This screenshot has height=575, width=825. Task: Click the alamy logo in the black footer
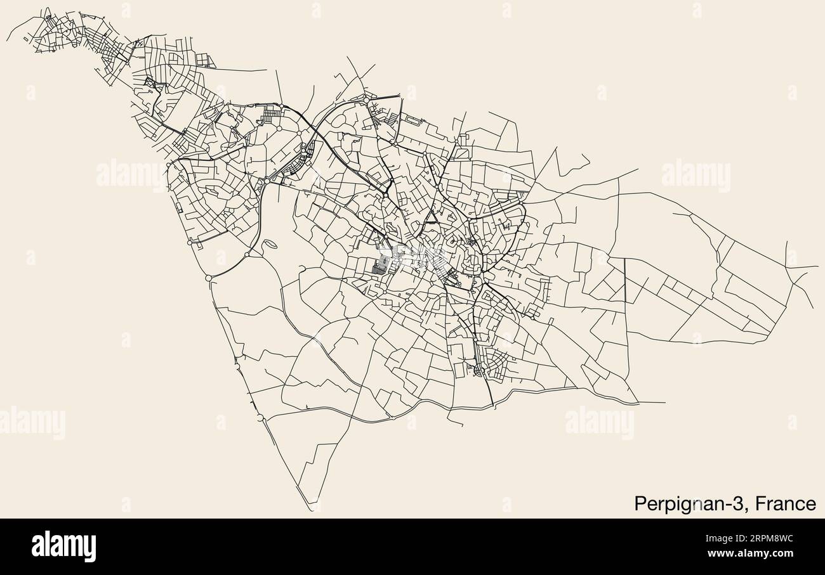63,546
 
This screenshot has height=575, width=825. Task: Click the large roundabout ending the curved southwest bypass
209,278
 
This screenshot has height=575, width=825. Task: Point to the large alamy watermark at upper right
696,176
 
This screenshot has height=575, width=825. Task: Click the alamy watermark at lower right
599,423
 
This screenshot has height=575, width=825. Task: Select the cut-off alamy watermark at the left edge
32,423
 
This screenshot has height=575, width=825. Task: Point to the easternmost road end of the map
817,268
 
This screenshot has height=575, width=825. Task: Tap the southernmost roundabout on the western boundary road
260,418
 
